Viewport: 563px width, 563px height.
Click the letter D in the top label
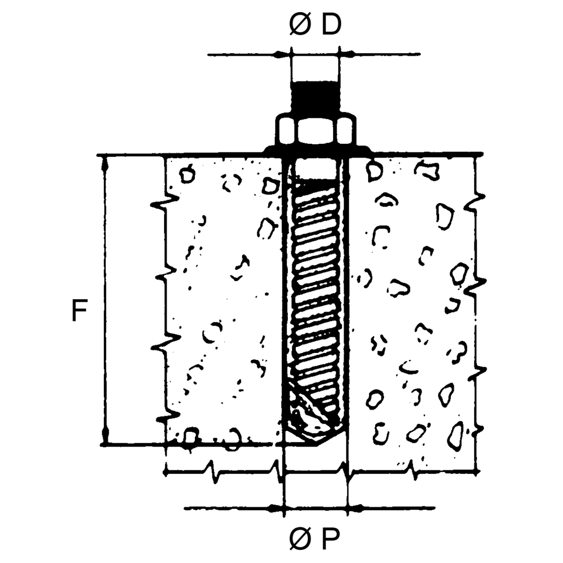tap(331, 25)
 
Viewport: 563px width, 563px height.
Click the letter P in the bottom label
tap(330, 539)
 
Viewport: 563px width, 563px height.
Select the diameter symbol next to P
tap(299, 539)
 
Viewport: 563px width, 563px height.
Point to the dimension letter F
tap(79, 311)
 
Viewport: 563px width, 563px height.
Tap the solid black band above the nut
tap(315, 96)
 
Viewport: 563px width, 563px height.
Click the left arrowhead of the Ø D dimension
tap(283, 55)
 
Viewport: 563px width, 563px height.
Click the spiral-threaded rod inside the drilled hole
tap(315, 288)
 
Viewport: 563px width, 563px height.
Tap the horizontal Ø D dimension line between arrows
tap(315, 55)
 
